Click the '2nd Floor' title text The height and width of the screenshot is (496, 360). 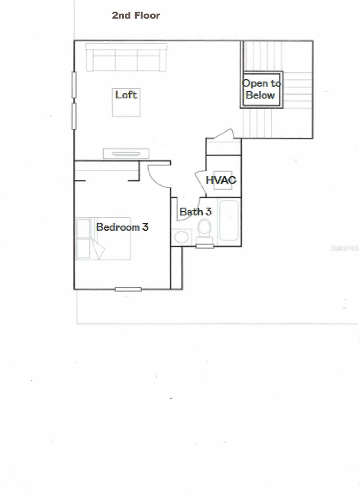coord(136,16)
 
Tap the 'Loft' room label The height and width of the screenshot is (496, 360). coord(126,95)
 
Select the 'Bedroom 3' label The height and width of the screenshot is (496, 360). coord(122,227)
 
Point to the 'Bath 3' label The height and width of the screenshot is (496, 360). coord(195,212)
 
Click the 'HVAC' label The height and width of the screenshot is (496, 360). coord(221,180)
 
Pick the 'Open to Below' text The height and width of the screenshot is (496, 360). coord(261,89)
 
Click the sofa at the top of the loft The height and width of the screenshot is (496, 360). coord(126,57)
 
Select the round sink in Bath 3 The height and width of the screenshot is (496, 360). coord(181,237)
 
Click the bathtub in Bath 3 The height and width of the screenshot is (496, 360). coord(229,220)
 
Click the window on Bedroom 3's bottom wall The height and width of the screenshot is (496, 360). coord(128,289)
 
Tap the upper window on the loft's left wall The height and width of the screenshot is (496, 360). coord(74,85)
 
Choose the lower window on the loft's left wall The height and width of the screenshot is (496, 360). coord(74,116)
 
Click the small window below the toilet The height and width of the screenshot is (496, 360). coord(205,246)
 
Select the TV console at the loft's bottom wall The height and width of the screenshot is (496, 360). coord(126,153)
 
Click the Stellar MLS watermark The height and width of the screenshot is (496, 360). coord(345,248)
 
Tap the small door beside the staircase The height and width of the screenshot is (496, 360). coord(223,134)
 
